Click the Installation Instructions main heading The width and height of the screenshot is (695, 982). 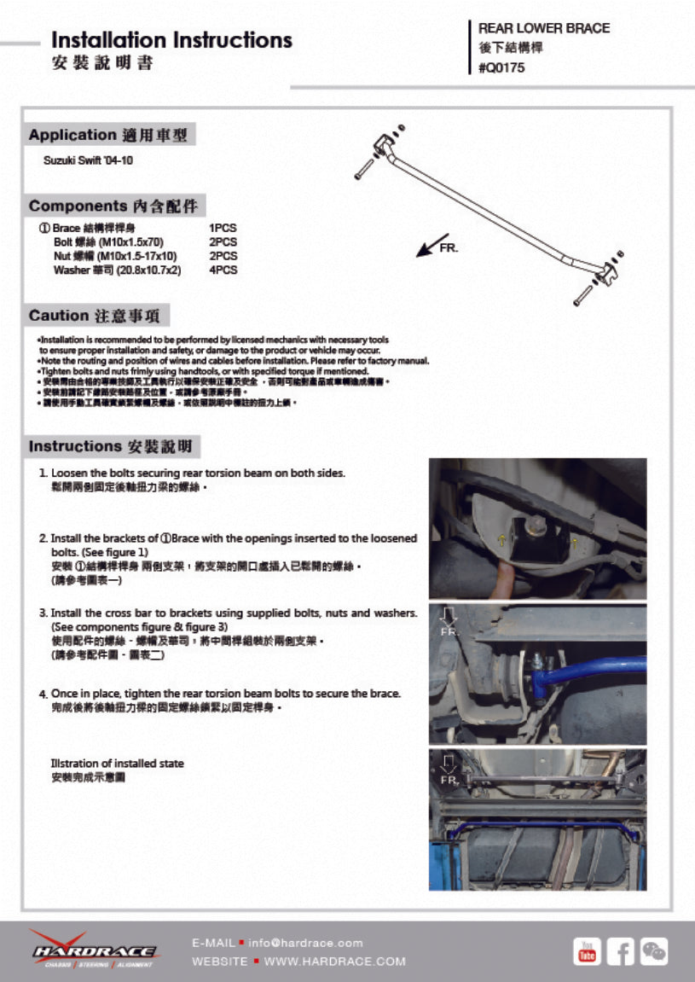171,40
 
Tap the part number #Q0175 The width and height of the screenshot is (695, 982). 501,68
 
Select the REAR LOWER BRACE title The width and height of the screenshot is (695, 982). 544,28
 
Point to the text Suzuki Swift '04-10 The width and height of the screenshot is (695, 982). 88,160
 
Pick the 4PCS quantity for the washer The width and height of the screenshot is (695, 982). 223,270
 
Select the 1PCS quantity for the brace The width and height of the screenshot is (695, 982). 223,229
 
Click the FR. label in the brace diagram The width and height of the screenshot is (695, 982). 449,247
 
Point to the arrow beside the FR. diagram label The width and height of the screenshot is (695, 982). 426,246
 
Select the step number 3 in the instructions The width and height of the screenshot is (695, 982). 43,613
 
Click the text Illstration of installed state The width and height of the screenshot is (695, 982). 117,764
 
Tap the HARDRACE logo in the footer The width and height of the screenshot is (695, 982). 93,949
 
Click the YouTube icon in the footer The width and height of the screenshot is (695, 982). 587,951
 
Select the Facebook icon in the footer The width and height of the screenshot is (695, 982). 620,951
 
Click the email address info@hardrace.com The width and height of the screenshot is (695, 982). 306,943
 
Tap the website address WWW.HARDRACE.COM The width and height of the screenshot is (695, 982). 335,962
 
